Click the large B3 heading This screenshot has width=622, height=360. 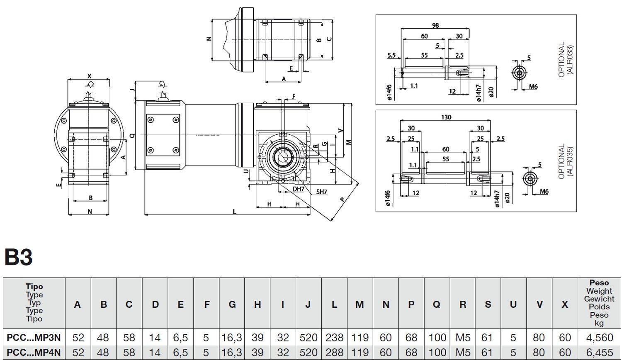click(18, 257)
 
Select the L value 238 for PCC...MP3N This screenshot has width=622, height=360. click(334, 338)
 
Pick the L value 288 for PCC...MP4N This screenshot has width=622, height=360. click(334, 353)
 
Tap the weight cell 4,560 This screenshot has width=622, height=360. click(599, 338)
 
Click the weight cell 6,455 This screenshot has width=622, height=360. click(599, 353)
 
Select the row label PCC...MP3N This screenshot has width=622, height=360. click(34, 338)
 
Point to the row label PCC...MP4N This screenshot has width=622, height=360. click(34, 353)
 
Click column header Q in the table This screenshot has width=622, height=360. click(436, 304)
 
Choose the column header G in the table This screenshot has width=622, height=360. click(232, 304)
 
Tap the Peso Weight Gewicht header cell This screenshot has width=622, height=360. click(599, 303)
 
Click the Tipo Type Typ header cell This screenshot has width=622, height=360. click(34, 303)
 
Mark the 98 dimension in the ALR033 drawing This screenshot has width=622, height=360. click(435, 25)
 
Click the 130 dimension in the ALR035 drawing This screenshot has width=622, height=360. click(446, 117)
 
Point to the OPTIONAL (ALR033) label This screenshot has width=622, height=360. click(566, 59)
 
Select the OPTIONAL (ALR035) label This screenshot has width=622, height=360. click(566, 162)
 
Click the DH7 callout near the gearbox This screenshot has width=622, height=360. click(298, 189)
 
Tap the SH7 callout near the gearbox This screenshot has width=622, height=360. click(321, 192)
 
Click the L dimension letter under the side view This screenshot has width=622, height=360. click(234, 212)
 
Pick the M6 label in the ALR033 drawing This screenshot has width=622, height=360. click(533, 87)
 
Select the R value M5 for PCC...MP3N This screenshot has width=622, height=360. click(462, 338)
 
